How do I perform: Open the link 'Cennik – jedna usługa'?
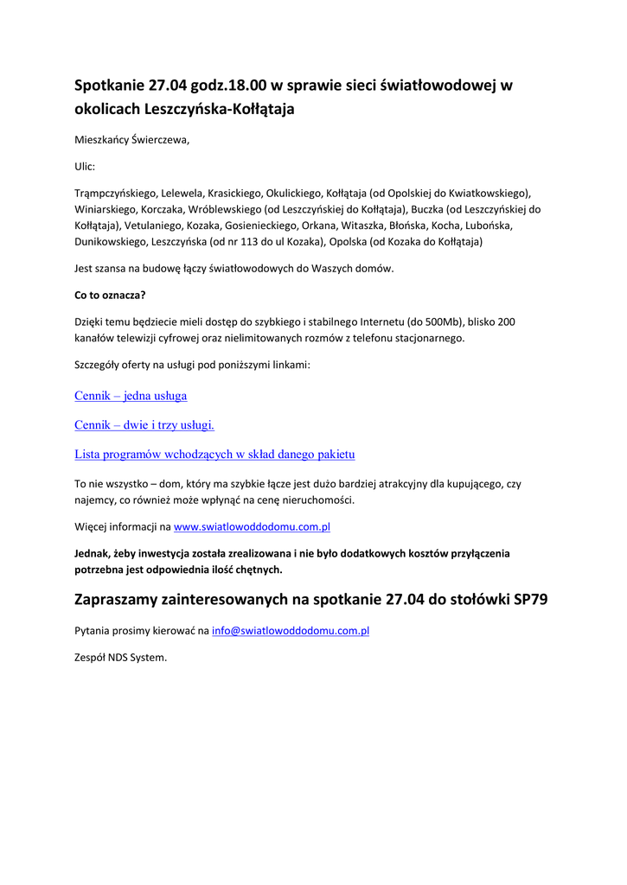[x=131, y=396]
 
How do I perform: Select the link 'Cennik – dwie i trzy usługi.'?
[x=144, y=424]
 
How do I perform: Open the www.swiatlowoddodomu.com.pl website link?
[x=252, y=525]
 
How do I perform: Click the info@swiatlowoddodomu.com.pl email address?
[x=291, y=631]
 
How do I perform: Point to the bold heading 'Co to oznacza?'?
[x=110, y=295]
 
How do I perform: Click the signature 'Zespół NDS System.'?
[x=120, y=657]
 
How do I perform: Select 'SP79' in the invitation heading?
[x=530, y=600]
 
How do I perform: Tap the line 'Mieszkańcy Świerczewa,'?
[x=131, y=139]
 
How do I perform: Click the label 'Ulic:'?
[x=85, y=166]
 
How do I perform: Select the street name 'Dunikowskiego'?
[x=111, y=242]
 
